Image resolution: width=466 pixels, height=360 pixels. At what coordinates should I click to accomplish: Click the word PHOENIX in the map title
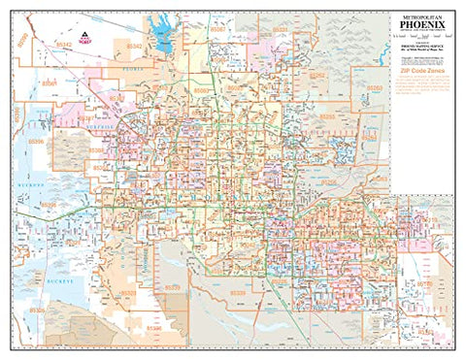pos(421,25)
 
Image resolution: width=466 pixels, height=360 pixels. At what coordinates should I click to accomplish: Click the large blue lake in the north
pos(162,39)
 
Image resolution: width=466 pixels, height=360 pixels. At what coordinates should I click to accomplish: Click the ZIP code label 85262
pos(375,89)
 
